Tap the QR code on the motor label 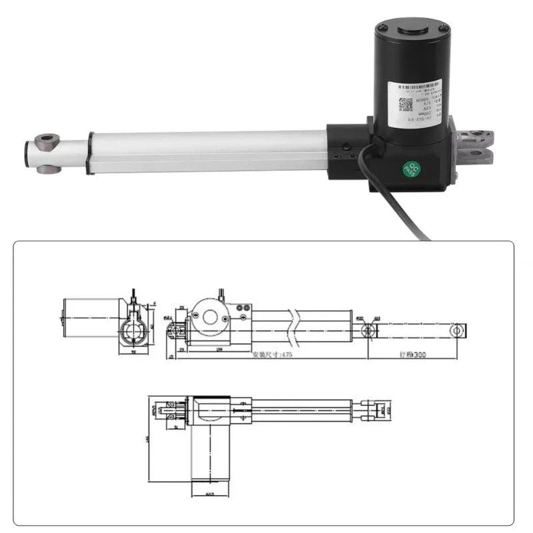pyautogui.click(x=406, y=105)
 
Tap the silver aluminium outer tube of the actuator pyautogui.click(x=207, y=152)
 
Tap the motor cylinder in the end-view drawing pyautogui.click(x=91, y=317)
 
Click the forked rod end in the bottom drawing pyautogui.click(x=372, y=408)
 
